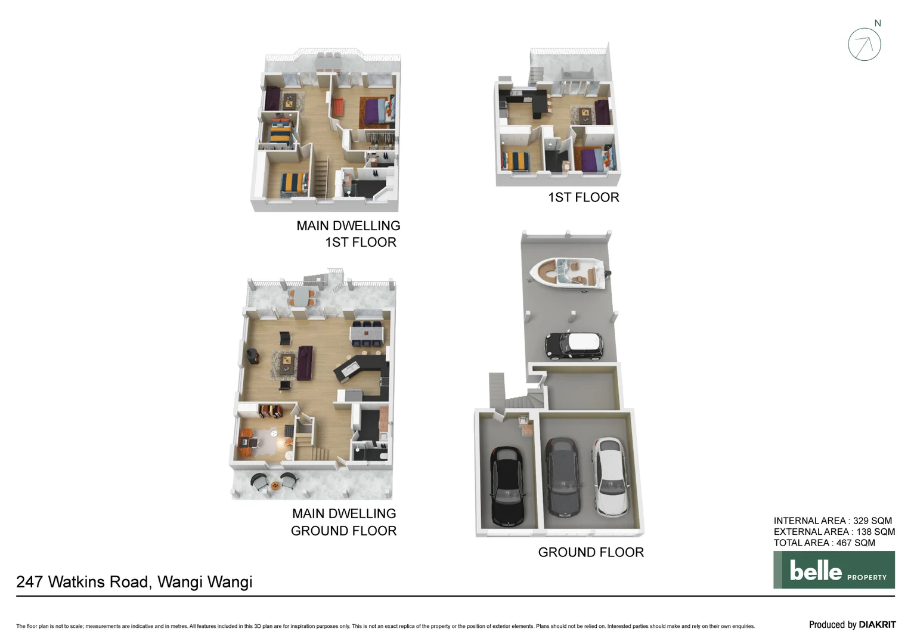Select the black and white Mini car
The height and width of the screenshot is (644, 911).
coord(574,345)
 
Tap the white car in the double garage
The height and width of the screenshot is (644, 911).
coord(610,477)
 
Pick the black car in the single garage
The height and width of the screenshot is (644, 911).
coord(506,485)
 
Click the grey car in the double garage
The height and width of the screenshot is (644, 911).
coord(562,477)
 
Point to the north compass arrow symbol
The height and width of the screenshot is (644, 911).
coord(864,45)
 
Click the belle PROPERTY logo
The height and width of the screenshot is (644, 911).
coord(833,570)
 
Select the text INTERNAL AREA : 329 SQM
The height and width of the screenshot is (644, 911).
coord(832,521)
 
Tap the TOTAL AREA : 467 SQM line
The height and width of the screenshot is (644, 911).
coord(824,543)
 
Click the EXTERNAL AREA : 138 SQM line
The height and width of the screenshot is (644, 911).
coord(834,532)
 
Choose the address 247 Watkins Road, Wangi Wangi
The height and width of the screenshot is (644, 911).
coord(134,582)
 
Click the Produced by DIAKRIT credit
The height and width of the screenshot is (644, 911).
coord(852,624)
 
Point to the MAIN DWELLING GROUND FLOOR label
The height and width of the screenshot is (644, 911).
coord(344,522)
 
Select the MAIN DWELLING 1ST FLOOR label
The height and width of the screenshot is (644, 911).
coord(348,234)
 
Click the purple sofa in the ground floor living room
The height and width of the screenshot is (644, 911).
coord(305,362)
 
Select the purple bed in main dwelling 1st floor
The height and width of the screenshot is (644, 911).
coord(375,111)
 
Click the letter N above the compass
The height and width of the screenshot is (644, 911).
coord(878,23)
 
